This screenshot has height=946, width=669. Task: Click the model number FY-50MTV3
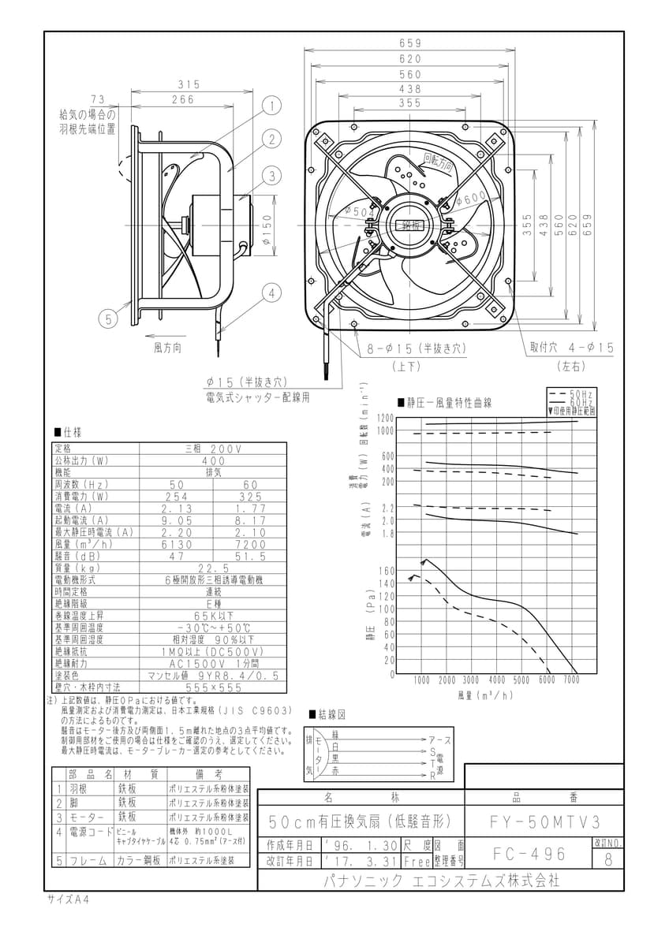coord(540,821)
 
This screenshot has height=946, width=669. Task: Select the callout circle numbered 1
coord(271,106)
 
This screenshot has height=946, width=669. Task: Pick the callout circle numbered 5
coord(107,318)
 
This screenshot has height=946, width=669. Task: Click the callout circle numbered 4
coord(271,293)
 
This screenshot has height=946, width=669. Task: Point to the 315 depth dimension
coord(187,84)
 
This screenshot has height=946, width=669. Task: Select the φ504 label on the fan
coord(359,210)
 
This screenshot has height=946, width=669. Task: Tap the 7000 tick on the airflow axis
coord(571,680)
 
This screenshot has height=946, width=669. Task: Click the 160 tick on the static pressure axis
coord(387,571)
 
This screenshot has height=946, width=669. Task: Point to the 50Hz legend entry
coord(582,393)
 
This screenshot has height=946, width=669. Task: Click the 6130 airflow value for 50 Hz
coord(177,544)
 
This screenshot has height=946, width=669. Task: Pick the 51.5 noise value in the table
coord(250,556)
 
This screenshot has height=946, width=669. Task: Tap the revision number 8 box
coord(607,859)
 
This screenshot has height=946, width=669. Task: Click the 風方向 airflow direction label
coord(167,346)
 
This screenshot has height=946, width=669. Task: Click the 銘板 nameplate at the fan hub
coord(413,225)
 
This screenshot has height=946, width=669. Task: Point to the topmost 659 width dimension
coord(410,43)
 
